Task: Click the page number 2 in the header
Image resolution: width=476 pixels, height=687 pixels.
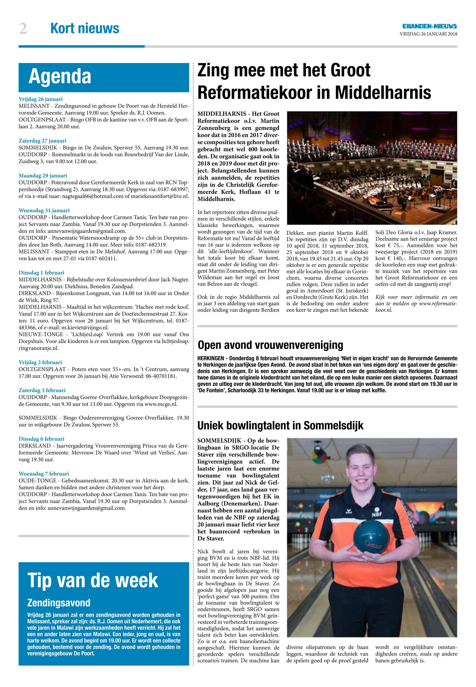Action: click(x=23, y=29)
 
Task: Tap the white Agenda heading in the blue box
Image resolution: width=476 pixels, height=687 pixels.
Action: click(x=60, y=77)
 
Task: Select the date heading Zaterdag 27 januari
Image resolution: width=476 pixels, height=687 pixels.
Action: click(x=42, y=140)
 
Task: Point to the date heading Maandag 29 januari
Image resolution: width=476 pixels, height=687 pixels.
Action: click(x=43, y=176)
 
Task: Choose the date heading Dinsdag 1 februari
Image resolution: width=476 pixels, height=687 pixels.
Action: click(x=42, y=272)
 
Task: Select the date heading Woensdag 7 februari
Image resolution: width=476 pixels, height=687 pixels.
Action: click(x=44, y=473)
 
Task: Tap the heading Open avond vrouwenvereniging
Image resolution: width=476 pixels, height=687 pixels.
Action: click(x=270, y=345)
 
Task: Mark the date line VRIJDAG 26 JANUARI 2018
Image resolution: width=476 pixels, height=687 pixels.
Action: click(x=428, y=34)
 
